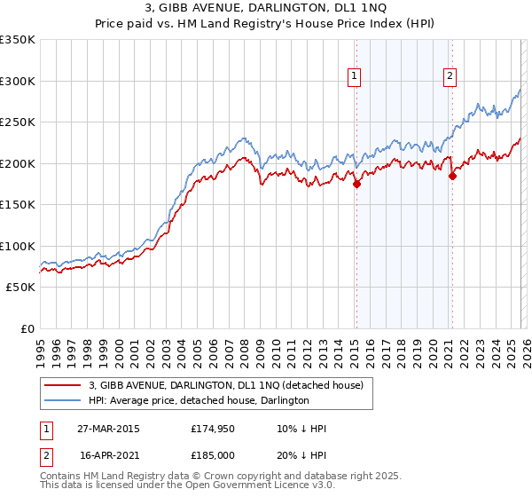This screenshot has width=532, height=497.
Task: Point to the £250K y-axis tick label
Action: pos(18,122)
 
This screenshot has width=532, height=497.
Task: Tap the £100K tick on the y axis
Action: pos(18,246)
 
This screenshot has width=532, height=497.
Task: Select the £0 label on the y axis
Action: pos(27,328)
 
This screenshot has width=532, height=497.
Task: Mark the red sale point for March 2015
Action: pos(356,185)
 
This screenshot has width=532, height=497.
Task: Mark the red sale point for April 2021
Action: pos(451,176)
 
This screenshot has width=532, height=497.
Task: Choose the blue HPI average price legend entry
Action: pos(199,400)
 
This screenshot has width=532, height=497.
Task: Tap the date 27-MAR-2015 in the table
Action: pos(108,429)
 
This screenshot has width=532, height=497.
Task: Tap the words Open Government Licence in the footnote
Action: pos(253,486)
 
